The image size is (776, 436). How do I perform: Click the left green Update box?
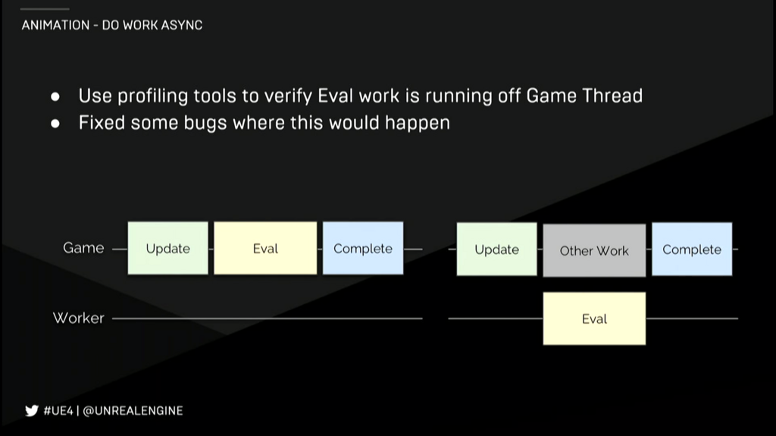(167, 248)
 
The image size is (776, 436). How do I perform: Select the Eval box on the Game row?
(265, 248)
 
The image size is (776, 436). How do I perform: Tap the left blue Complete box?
(362, 248)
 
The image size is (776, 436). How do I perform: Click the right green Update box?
(496, 249)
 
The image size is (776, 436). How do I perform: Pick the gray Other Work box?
(594, 250)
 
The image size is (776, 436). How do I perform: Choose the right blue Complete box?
(692, 249)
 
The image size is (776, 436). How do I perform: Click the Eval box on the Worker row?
(594, 318)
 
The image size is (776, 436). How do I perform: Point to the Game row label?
(83, 248)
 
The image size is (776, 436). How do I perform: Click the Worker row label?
(78, 318)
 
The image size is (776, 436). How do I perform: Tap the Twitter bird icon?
(31, 411)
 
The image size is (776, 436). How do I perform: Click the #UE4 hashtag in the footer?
(58, 411)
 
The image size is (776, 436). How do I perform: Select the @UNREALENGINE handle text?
(133, 411)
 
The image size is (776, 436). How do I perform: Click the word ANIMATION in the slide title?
(55, 25)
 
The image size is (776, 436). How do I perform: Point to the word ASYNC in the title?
(181, 25)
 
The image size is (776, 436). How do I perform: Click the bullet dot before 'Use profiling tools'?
(55, 97)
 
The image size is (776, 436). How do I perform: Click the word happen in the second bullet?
(417, 123)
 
